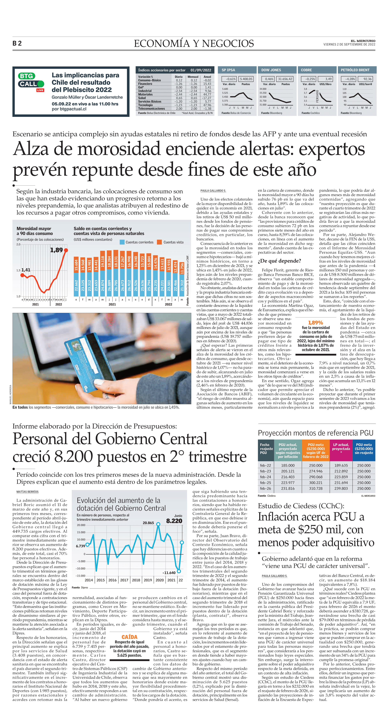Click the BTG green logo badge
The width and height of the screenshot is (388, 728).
27,76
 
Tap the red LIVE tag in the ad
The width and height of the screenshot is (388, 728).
40,90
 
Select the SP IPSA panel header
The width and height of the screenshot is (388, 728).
228,70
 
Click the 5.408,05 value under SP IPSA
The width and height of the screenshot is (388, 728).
246,79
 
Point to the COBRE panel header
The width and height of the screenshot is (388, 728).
306,70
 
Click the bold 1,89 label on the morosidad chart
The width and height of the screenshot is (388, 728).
56,250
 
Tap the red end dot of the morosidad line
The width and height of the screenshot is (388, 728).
66,250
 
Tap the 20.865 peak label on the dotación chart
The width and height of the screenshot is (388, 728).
148,523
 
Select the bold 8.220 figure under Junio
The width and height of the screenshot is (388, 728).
174,521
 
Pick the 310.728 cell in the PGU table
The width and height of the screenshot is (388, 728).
316,488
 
